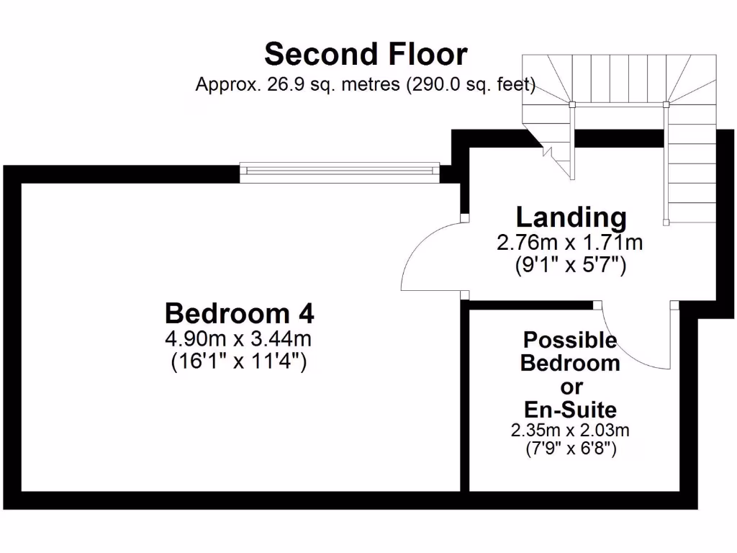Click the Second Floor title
pyautogui.click(x=366, y=55)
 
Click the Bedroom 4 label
pyautogui.click(x=239, y=314)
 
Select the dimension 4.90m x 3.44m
pyautogui.click(x=239, y=338)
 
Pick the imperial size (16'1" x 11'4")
pyautogui.click(x=239, y=361)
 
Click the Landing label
pyautogui.click(x=571, y=217)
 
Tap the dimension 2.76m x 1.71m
pyautogui.click(x=569, y=243)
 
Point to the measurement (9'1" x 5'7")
pyautogui.click(x=570, y=265)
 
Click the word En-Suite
pyautogui.click(x=570, y=410)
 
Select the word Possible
pyautogui.click(x=570, y=339)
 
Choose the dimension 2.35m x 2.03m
pyautogui.click(x=570, y=431)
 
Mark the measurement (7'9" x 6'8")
pyautogui.click(x=570, y=449)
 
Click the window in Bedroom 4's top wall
pyautogui.click(x=340, y=170)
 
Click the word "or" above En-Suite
pyautogui.click(x=571, y=387)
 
